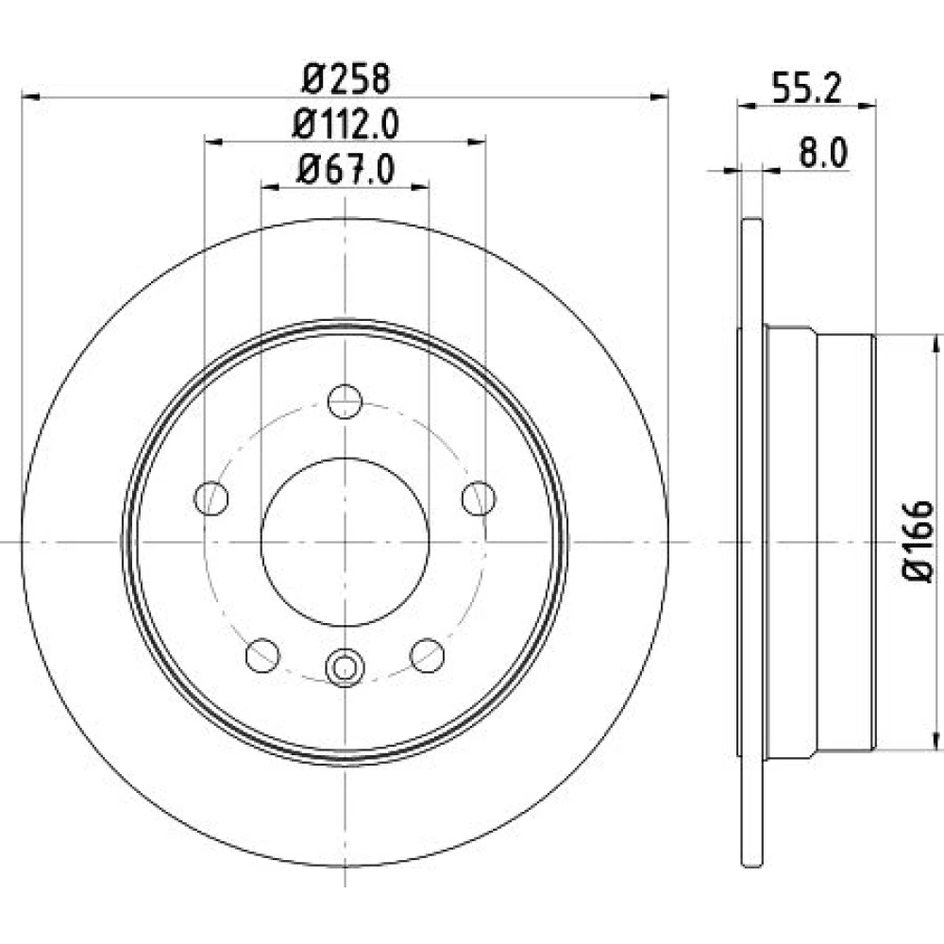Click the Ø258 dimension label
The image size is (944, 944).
(346, 79)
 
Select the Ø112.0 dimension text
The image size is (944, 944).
(346, 125)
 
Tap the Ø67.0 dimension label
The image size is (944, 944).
(346, 170)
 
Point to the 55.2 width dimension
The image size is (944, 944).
(806, 88)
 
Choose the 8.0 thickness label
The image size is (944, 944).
(823, 153)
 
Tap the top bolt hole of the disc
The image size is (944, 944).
(345, 401)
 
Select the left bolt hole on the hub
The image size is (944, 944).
(211, 498)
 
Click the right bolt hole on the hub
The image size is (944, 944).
(479, 498)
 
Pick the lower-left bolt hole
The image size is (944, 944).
(263, 656)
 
